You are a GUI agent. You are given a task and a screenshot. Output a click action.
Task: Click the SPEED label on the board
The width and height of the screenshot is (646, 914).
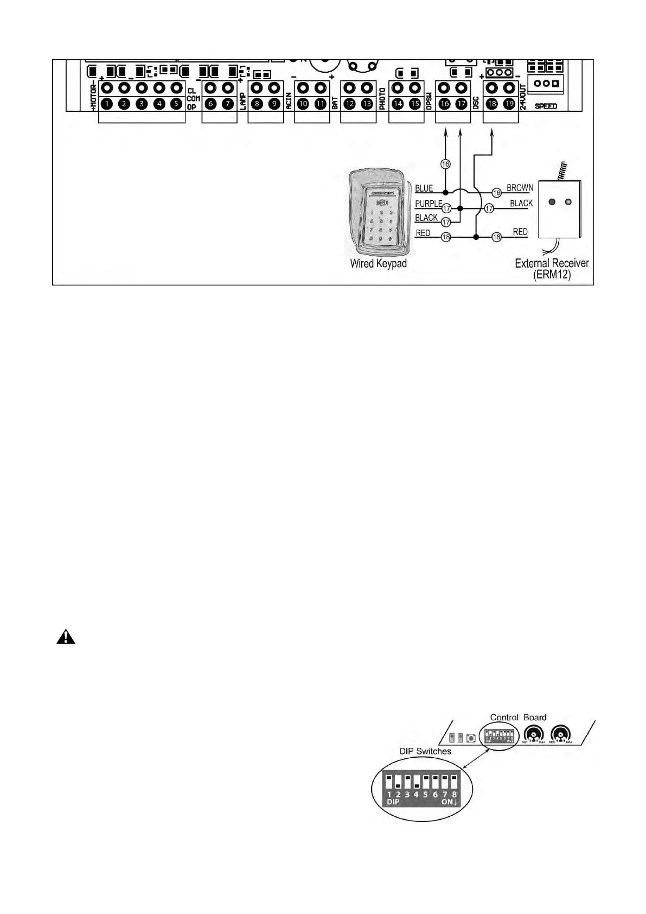546,106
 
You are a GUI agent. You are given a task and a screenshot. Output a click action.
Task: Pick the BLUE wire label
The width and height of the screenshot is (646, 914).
424,189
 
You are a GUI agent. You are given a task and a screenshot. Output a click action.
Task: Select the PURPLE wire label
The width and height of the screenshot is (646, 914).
428,204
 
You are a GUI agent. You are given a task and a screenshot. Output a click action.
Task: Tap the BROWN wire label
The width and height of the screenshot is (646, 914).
520,188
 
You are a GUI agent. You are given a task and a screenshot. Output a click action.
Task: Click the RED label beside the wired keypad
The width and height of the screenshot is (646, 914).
423,233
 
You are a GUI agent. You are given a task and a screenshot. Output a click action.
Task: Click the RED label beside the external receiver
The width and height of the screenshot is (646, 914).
520,232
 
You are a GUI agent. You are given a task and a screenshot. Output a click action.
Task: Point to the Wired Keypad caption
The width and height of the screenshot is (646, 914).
378,264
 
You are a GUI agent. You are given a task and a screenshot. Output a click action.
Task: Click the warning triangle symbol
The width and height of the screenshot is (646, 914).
66,637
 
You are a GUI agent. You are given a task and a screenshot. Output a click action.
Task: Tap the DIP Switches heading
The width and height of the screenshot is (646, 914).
425,751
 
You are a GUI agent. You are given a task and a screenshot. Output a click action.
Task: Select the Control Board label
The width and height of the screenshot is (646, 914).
518,717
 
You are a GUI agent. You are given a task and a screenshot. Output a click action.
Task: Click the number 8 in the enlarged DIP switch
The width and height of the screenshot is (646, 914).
454,794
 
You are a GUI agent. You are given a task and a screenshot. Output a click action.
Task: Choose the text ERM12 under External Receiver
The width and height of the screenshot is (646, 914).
552,275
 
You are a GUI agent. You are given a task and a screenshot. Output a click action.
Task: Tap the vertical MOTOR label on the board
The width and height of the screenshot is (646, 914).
94,97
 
